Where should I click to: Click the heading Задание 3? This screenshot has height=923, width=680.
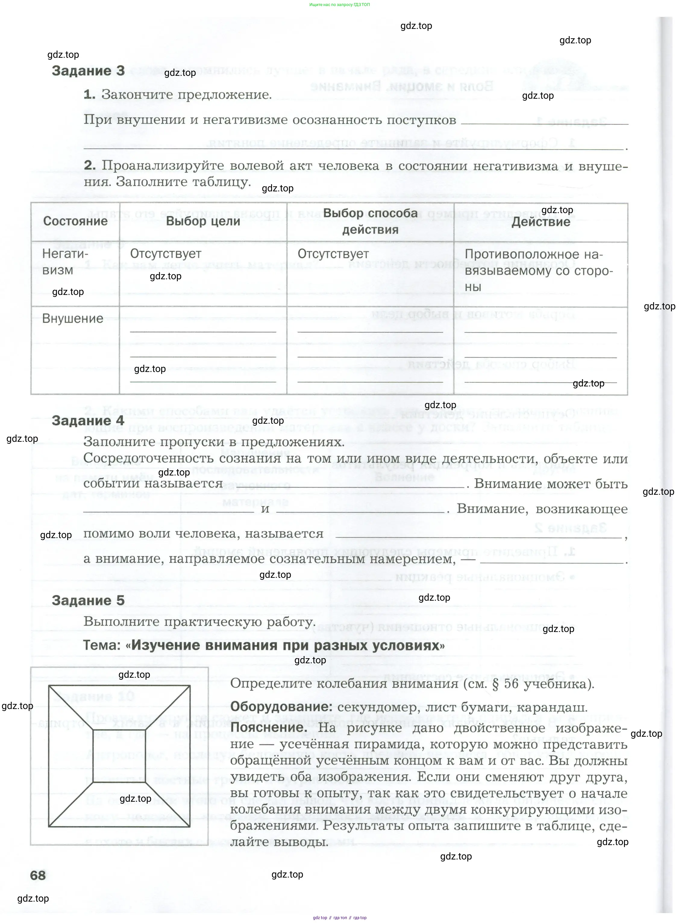coord(88,71)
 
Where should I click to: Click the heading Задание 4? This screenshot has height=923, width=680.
coord(88,421)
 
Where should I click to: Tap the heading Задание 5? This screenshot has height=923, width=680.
coord(88,600)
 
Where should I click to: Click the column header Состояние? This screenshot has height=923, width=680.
coord(75,221)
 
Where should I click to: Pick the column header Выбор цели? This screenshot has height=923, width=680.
coord(203,221)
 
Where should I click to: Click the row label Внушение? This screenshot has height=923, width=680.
coord(72,319)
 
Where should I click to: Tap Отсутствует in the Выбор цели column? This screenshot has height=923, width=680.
coord(165,254)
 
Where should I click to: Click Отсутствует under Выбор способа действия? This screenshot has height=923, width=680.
coord(333,254)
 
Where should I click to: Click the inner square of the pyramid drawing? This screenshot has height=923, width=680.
coord(119,756)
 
